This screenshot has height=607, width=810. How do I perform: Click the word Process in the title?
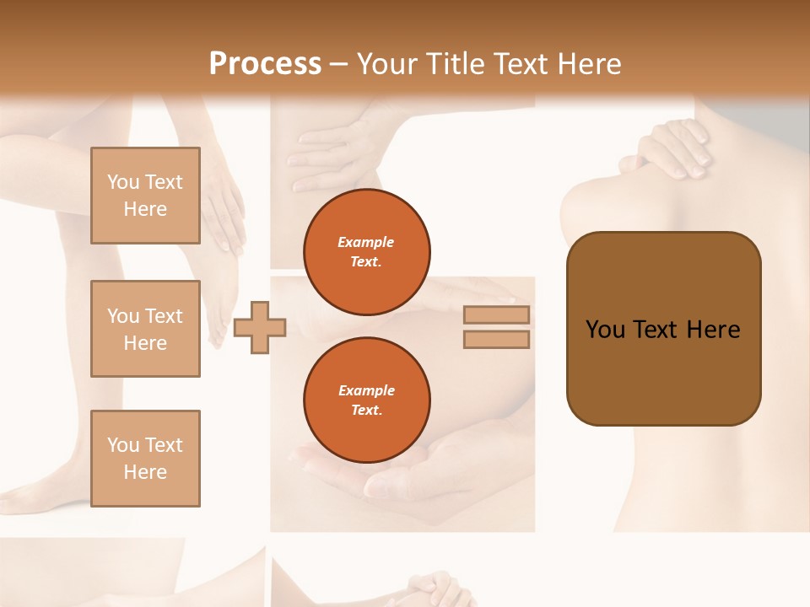tap(265, 63)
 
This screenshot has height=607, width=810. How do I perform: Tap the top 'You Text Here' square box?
tap(145, 196)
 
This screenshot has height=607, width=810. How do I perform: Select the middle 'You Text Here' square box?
tap(145, 329)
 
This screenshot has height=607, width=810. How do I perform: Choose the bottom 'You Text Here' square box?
tap(145, 459)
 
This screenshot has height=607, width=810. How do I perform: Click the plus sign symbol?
tap(260, 327)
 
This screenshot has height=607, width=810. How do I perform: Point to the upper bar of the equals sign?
tap(496, 315)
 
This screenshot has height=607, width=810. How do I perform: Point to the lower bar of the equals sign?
tap(496, 340)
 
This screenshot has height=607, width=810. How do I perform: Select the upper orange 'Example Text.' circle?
tap(366, 251)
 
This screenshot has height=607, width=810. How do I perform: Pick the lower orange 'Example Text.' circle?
tap(366, 400)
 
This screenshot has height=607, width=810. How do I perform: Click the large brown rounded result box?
tap(663, 329)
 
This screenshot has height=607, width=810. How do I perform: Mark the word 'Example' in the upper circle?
tap(366, 242)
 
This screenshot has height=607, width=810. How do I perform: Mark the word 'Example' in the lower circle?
tap(366, 390)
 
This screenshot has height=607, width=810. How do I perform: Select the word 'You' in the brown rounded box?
tap(605, 330)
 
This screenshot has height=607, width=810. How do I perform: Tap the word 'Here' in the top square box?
tap(145, 209)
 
